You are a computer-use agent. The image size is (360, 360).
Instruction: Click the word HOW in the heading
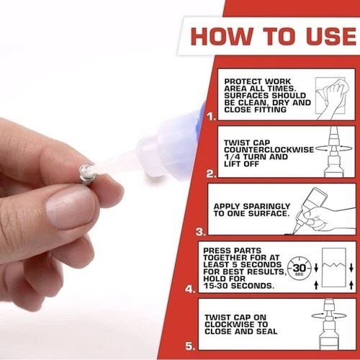[221, 36]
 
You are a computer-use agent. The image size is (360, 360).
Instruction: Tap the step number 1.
[212, 117]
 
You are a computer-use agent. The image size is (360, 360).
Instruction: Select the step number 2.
[212, 174]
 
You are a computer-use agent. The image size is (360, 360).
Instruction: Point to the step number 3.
[201, 232]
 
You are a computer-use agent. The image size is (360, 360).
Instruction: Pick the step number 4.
[190, 289]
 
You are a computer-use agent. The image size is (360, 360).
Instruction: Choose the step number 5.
[190, 346]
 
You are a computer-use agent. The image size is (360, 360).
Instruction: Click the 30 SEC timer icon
[300, 269]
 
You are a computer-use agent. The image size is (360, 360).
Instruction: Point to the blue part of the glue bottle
[199, 120]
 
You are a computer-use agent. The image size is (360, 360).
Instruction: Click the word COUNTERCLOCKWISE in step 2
[269, 150]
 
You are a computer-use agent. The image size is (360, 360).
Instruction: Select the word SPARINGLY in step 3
[266, 207]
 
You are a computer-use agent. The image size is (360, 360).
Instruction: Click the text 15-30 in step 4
[215, 286]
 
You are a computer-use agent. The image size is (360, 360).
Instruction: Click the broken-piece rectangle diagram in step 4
[334, 268]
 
